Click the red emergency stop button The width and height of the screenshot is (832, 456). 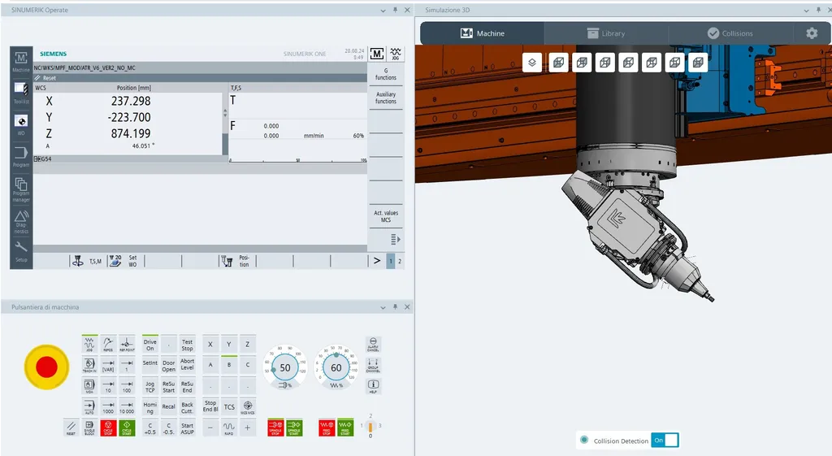click(x=46, y=367)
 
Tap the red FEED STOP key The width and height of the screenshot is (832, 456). click(x=327, y=427)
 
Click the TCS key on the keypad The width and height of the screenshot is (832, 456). click(x=229, y=406)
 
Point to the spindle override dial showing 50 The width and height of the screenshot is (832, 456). click(x=285, y=367)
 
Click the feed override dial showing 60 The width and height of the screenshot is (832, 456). click(x=336, y=367)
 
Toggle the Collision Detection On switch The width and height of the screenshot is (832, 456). click(x=665, y=440)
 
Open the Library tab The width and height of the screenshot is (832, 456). click(x=606, y=33)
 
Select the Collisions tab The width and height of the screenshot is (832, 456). click(x=730, y=33)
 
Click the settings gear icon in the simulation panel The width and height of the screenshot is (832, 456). click(x=812, y=33)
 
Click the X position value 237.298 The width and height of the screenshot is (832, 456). click(x=131, y=101)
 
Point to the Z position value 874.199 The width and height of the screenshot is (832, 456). click(x=131, y=133)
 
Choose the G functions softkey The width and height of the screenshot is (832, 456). click(x=386, y=74)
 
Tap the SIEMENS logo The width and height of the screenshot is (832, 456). click(x=53, y=53)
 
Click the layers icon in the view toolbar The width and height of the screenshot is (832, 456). click(x=531, y=63)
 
